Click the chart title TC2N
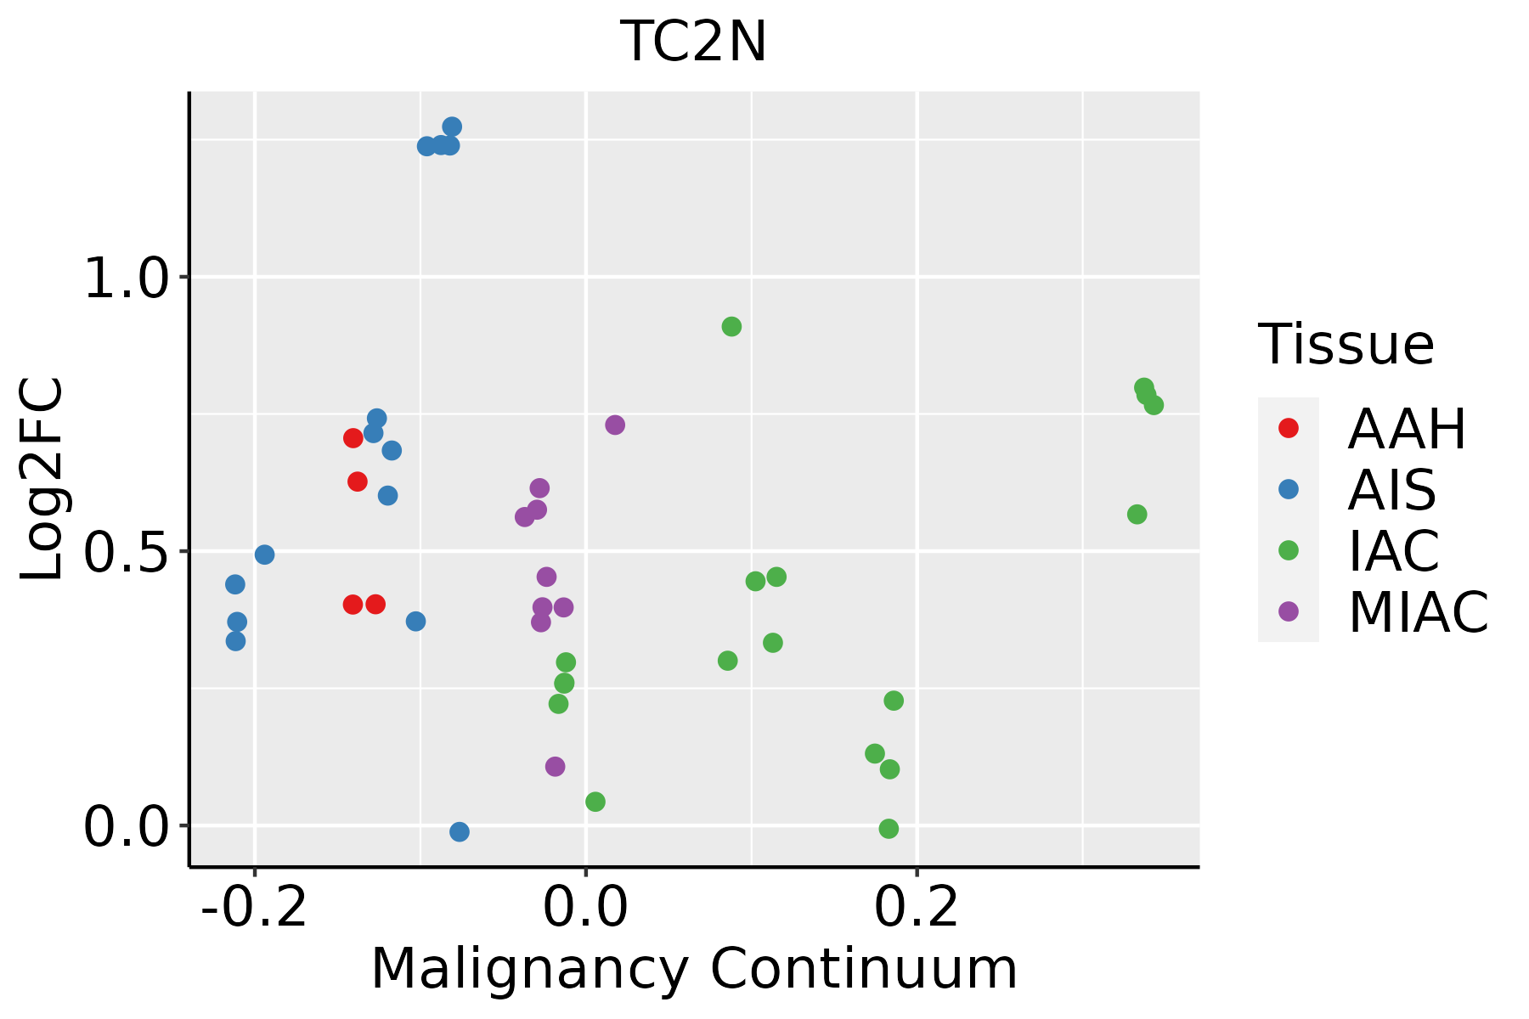(x=693, y=42)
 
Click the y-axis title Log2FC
(x=42, y=479)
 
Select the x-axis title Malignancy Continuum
(x=693, y=969)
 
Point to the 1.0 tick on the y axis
(x=127, y=278)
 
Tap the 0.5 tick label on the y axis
(x=127, y=552)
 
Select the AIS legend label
(x=1391, y=490)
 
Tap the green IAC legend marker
(x=1288, y=550)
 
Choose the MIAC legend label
(x=1418, y=612)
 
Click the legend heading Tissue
(x=1346, y=345)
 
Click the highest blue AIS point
(x=452, y=127)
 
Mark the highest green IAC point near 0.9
(x=731, y=327)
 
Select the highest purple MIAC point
(x=615, y=425)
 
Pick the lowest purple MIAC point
(x=555, y=767)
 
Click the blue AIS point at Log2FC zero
(x=460, y=831)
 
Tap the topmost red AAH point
(x=353, y=438)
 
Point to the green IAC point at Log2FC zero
(x=889, y=829)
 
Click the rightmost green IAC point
(x=1154, y=405)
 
